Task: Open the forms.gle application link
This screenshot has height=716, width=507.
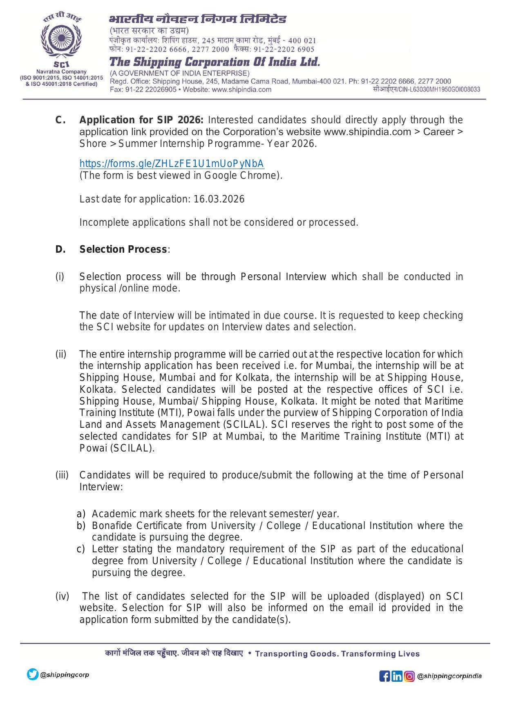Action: click(172, 164)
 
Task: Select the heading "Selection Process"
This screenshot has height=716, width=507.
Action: click(123, 249)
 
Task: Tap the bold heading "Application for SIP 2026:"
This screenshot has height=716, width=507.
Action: click(141, 120)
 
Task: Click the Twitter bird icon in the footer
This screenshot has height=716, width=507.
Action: click(33, 674)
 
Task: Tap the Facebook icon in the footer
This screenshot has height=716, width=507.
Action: click(384, 676)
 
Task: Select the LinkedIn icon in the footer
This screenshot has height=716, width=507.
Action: click(397, 676)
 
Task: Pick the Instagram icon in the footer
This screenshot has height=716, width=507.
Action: click(409, 676)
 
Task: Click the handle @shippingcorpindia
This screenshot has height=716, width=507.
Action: click(449, 676)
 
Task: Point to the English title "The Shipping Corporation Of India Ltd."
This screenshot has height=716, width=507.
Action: click(214, 62)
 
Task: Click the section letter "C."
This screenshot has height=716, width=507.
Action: click(60, 120)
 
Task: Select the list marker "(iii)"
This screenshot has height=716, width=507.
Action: click(62, 475)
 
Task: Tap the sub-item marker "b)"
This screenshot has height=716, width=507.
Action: click(81, 525)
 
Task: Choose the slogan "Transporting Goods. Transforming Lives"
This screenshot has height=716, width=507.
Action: click(337, 654)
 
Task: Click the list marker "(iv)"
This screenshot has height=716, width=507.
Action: click(62, 596)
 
